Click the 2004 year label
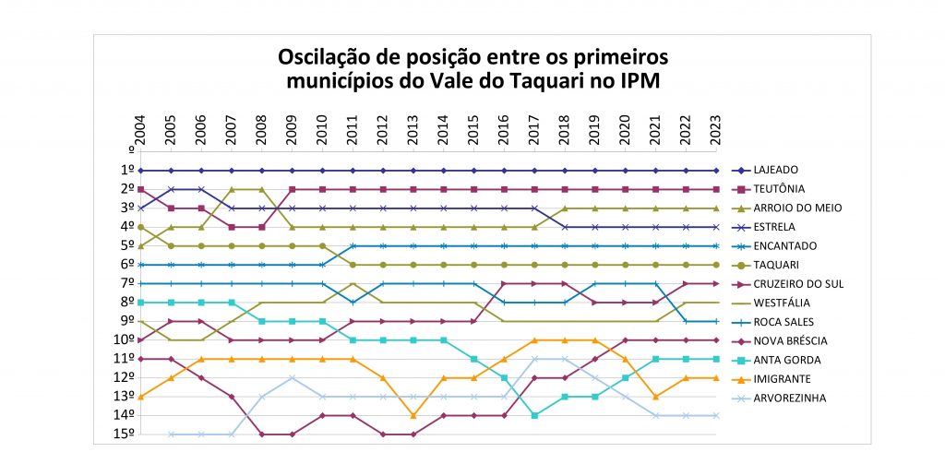140,130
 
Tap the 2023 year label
716,130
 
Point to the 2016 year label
504,130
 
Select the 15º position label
125,434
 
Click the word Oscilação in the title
325,57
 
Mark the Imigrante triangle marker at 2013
413,415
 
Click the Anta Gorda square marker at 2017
534,415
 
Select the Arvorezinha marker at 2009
292,377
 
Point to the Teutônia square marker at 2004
140,189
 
